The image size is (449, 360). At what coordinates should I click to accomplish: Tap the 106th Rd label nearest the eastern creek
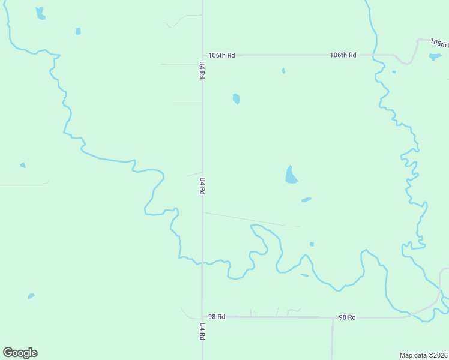pyautogui.click(x=343, y=55)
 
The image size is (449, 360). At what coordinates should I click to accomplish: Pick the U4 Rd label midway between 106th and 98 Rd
pyautogui.click(x=202, y=185)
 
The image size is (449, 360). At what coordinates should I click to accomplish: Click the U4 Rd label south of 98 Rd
pyautogui.click(x=202, y=332)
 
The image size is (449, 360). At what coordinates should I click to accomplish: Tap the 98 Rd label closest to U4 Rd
pyautogui.click(x=217, y=316)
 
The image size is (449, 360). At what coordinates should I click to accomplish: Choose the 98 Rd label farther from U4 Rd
pyautogui.click(x=347, y=317)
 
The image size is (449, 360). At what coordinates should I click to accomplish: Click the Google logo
pyautogui.click(x=20, y=353)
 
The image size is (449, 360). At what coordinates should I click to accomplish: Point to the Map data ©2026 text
pyautogui.click(x=424, y=355)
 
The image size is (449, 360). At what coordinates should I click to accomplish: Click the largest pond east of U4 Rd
pyautogui.click(x=291, y=176)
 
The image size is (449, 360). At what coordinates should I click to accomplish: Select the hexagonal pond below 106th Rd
pyautogui.click(x=236, y=98)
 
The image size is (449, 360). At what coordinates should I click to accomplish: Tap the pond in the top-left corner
pyautogui.click(x=40, y=13)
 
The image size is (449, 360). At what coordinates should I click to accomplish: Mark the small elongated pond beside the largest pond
pyautogui.click(x=306, y=199)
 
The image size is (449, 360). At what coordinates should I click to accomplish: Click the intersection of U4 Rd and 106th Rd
pyautogui.click(x=202, y=55)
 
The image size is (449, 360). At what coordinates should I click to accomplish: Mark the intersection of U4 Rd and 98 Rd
pyautogui.click(x=202, y=316)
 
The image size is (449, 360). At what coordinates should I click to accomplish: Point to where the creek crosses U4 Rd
pyautogui.click(x=202, y=263)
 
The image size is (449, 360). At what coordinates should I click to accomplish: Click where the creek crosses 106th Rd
pyautogui.click(x=376, y=55)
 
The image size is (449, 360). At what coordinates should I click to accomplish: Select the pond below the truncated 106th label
pyautogui.click(x=435, y=57)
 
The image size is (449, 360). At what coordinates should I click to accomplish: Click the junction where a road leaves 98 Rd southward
pyautogui.click(x=333, y=317)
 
